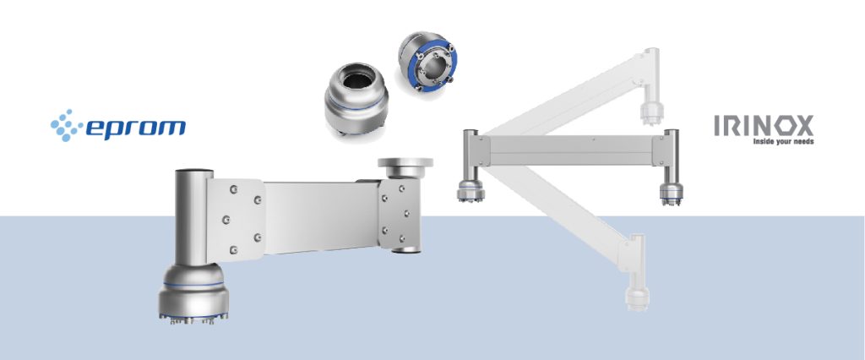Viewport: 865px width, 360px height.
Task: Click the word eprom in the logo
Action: point(136,128)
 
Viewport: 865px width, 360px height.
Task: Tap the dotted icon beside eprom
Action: point(66,126)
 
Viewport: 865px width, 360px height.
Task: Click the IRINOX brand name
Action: point(763,127)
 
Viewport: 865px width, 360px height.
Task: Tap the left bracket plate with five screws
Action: point(232,216)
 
